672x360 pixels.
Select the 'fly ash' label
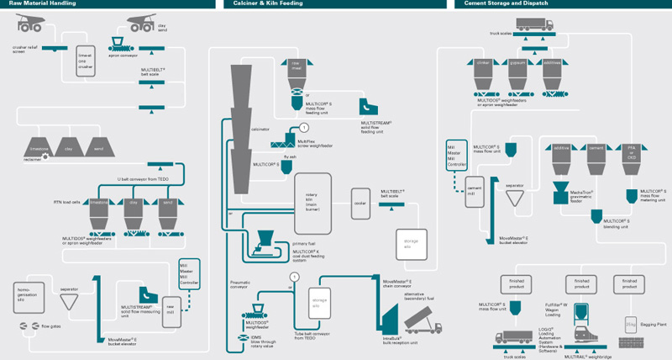tap(291, 156)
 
